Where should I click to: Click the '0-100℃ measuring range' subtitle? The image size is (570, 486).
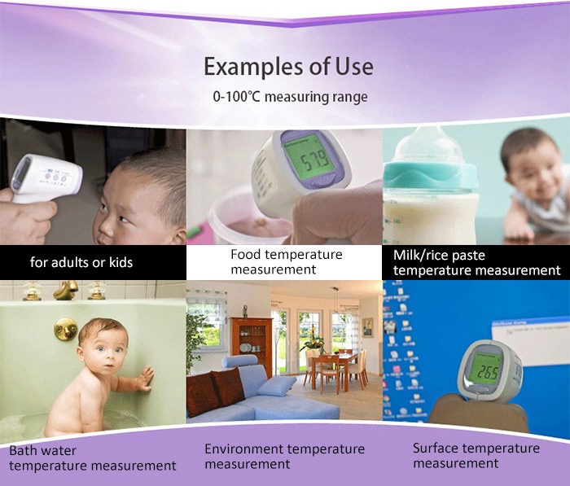[x=290, y=97]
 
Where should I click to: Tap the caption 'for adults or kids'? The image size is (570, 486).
[x=81, y=262]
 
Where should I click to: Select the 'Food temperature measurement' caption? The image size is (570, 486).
[x=286, y=261]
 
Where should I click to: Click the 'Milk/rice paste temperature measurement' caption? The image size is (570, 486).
[x=476, y=263]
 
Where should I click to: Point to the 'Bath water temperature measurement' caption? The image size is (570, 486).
[x=92, y=458]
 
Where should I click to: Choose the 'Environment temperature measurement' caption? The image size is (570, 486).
[x=284, y=456]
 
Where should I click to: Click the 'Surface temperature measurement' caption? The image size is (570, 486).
[x=476, y=455]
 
